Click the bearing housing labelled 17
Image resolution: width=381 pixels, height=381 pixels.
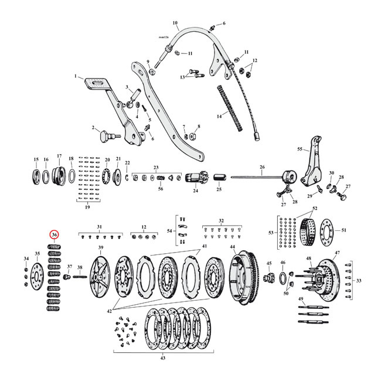click(59, 175)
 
